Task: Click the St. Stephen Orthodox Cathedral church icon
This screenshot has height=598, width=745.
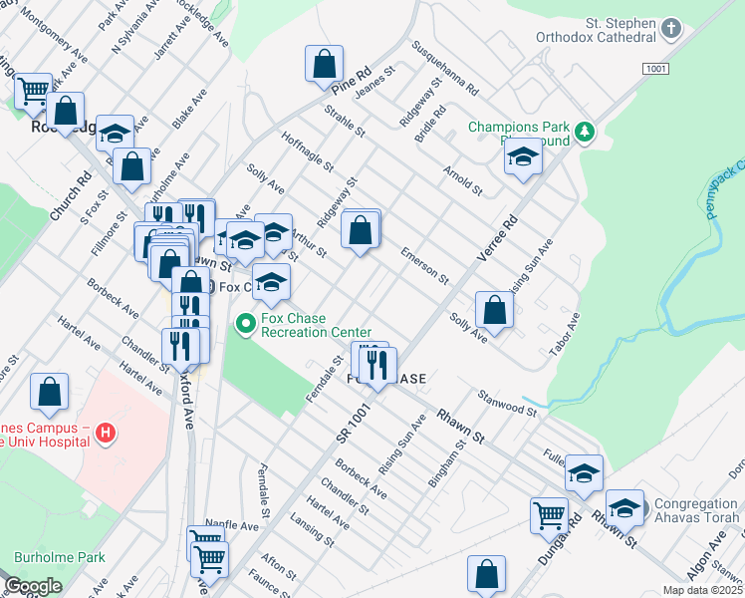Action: click(672, 28)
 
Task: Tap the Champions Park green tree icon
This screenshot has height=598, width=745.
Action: click(587, 130)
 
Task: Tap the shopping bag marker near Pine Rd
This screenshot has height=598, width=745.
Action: click(324, 65)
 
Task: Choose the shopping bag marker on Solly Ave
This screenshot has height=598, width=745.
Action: click(494, 309)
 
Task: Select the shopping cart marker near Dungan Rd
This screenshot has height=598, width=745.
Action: click(550, 516)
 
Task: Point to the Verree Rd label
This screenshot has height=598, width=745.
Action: click(498, 237)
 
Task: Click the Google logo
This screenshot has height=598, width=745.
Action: click(33, 585)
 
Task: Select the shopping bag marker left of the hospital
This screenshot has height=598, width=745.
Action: click(49, 394)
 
